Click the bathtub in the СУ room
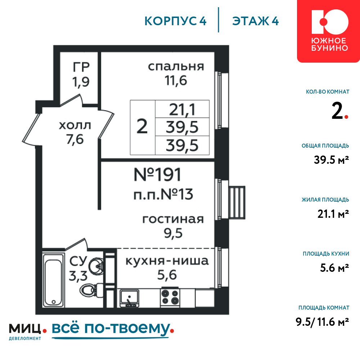(54, 280)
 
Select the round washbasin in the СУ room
(96, 266)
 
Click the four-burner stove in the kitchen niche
(170, 297)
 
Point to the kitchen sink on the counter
(130, 298)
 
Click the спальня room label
(176, 66)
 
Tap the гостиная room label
(173, 219)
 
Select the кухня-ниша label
(167, 261)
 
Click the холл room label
(75, 125)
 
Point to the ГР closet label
(81, 67)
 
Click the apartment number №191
(157, 175)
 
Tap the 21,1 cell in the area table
(182, 109)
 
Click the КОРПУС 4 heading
(175, 21)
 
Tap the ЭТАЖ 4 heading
(255, 21)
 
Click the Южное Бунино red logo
(328, 31)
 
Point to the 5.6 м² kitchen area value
(334, 268)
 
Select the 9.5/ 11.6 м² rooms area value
(322, 322)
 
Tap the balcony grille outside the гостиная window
(237, 202)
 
